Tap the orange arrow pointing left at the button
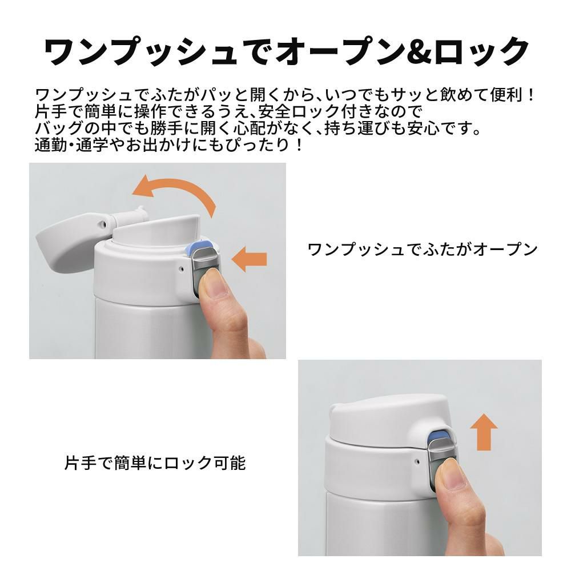[249, 259]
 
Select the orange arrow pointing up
[484, 432]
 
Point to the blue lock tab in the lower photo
[439, 435]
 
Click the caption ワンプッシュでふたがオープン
[423, 250]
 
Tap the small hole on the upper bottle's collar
[182, 270]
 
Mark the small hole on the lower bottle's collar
[418, 461]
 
